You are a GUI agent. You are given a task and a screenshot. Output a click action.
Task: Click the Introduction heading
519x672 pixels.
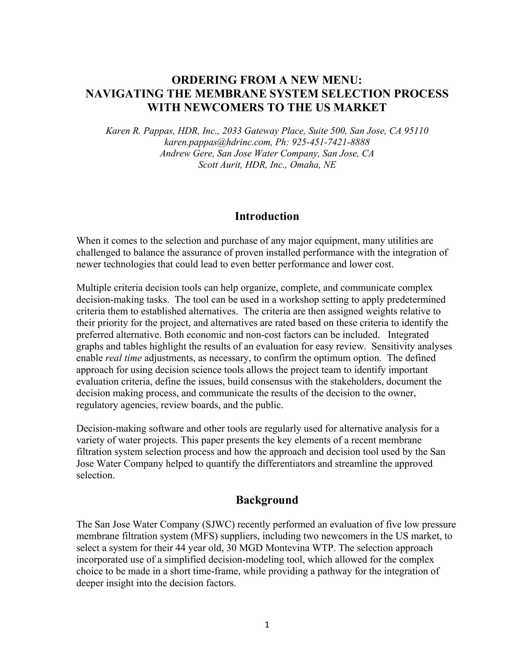[267, 216]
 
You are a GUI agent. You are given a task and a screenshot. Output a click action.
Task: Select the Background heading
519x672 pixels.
[267, 500]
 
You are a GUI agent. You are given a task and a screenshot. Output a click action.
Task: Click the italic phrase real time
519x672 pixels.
[123, 358]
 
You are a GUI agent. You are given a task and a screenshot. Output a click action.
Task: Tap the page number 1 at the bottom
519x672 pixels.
[267, 624]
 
